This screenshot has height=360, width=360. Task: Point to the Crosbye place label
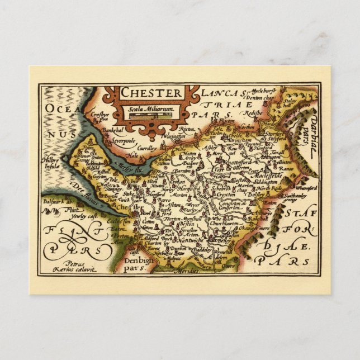coord(100,115)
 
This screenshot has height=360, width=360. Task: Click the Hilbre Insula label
coord(51,162)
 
